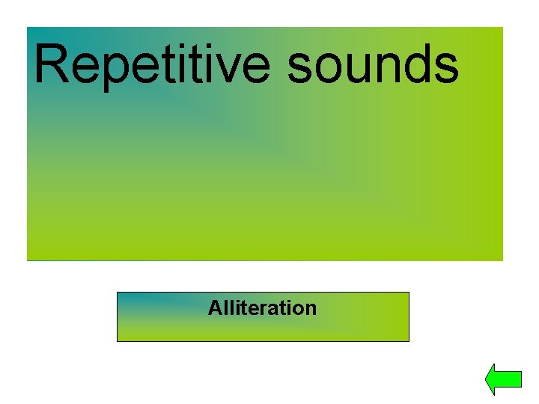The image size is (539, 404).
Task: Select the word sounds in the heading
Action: [372, 65]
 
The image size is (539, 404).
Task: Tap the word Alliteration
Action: [262, 307]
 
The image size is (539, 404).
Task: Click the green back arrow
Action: [502, 379]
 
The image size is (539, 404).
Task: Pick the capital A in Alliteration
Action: [215, 307]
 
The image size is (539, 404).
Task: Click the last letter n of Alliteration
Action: [311, 309]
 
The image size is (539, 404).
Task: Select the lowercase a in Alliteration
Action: [274, 309]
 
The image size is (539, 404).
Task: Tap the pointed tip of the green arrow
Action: [487, 379]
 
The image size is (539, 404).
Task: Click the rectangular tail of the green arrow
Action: [511, 379]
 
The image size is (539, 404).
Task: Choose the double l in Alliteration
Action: [227, 307]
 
